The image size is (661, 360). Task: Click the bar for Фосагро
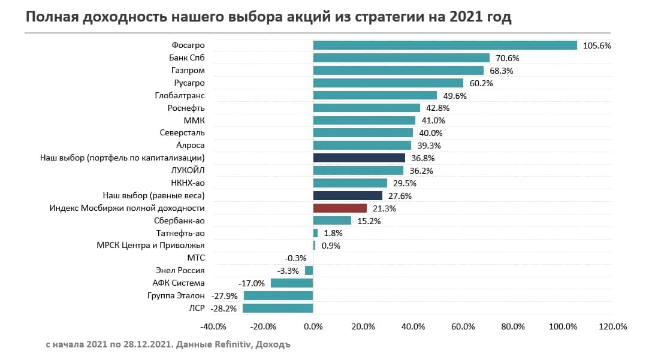point(445,46)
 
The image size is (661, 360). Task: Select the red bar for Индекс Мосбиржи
point(340,208)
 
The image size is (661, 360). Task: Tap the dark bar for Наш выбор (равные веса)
point(348,195)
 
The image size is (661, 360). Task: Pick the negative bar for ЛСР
point(278,308)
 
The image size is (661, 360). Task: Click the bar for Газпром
point(398,71)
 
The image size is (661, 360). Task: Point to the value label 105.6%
point(596,46)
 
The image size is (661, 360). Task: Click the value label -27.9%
point(225,296)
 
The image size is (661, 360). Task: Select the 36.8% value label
point(422,158)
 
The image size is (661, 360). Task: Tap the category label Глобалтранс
point(180,95)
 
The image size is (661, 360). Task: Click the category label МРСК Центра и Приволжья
point(150,245)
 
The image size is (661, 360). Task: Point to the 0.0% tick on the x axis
point(313,326)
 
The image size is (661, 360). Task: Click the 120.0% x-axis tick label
point(612,326)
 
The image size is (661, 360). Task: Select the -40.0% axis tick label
point(213,326)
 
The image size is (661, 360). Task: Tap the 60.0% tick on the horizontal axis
point(463,326)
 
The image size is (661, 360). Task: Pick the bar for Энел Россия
point(309,271)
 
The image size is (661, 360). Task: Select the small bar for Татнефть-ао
point(315,233)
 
